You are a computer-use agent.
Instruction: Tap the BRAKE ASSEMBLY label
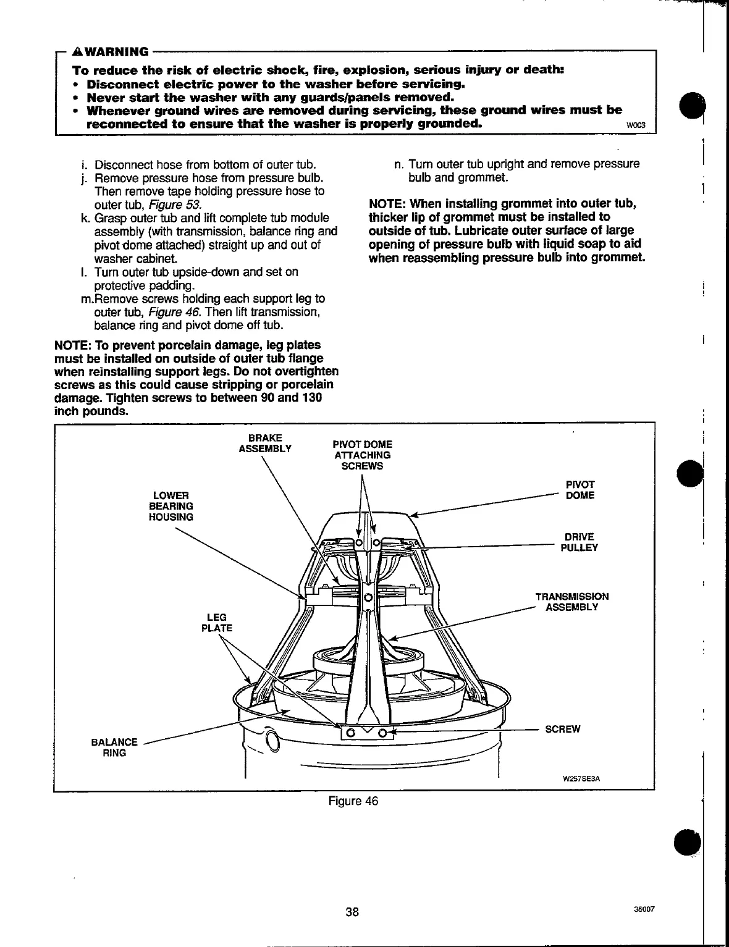tap(264, 443)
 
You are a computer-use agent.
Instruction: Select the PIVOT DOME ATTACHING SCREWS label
tap(361, 455)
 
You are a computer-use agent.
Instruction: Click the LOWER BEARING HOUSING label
tap(171, 506)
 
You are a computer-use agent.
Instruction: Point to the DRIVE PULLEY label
tap(579, 542)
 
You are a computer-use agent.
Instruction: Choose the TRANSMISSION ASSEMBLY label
tap(571, 602)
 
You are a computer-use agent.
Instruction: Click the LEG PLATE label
tap(216, 622)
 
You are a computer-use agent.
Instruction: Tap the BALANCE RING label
tap(114, 747)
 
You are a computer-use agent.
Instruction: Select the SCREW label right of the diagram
tap(562, 729)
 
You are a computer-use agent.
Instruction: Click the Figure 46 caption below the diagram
tap(353, 801)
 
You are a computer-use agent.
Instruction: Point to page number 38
tap(352, 912)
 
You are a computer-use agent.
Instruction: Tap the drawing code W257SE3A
tap(580, 778)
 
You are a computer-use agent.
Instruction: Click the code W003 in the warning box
tap(635, 126)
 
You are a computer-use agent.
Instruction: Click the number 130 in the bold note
tap(310, 398)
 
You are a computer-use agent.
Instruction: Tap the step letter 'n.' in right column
tap(398, 164)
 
